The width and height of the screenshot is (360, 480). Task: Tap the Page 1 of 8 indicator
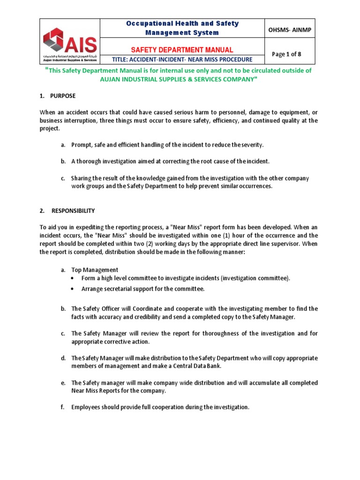(x=286, y=54)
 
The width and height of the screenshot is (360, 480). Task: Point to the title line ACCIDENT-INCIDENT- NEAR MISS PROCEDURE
(x=183, y=60)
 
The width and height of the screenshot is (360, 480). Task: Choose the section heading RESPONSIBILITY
(x=73, y=211)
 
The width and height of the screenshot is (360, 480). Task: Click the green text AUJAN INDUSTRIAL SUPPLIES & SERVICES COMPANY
(x=179, y=79)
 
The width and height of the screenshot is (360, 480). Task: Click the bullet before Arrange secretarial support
(x=73, y=289)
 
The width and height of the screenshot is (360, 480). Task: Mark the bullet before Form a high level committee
(x=73, y=278)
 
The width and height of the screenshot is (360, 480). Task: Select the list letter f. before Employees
(x=62, y=407)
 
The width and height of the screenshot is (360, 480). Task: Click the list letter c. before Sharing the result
(x=62, y=179)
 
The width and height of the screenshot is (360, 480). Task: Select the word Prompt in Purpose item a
(x=81, y=145)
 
